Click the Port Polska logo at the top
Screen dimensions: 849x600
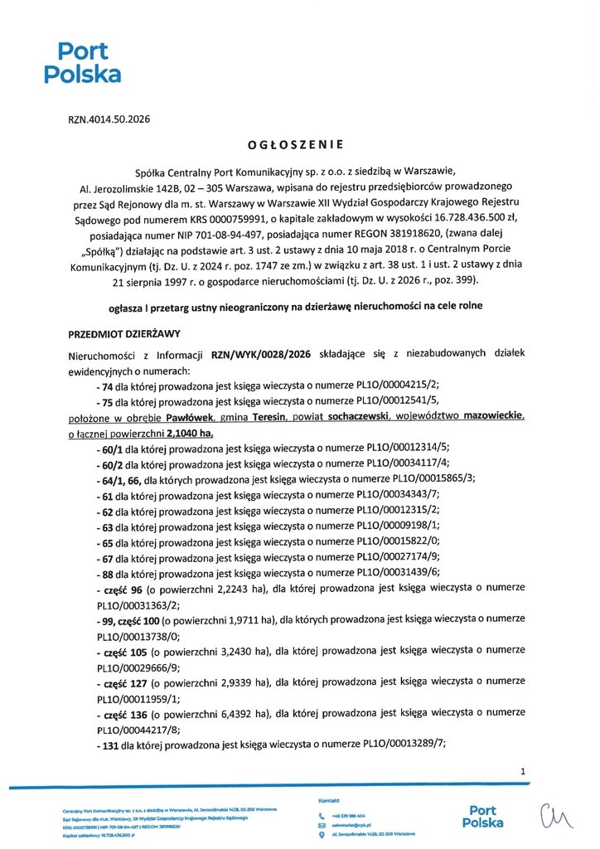pyautogui.click(x=82, y=63)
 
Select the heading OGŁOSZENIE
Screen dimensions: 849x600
pyautogui.click(x=295, y=144)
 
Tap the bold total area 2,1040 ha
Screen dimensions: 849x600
pyautogui.click(x=190, y=433)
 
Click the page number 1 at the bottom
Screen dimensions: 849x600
pyautogui.click(x=523, y=772)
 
